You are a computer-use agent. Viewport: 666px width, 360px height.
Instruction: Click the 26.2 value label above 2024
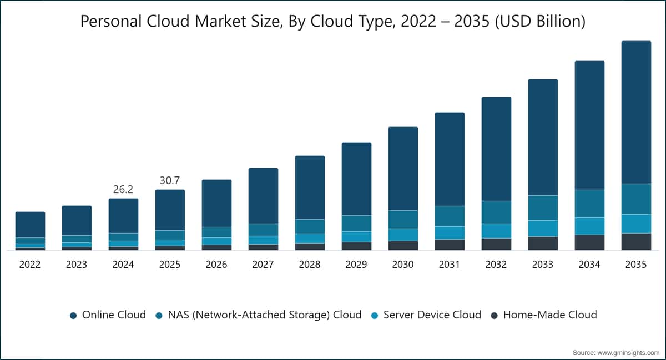point(123,189)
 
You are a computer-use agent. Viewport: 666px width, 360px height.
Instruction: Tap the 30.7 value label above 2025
point(170,180)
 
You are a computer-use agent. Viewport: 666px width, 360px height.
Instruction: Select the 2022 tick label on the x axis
point(30,265)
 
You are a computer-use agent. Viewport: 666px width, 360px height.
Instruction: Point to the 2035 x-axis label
point(636,265)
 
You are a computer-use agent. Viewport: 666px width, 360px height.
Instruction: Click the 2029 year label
point(356,265)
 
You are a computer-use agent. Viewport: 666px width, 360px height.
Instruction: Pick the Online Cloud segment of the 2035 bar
point(636,113)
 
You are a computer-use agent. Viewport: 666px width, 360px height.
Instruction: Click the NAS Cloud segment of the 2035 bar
point(636,199)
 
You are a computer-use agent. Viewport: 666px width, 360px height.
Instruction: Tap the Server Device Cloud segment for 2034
point(589,226)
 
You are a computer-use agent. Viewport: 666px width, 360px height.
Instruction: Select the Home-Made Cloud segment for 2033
point(543,244)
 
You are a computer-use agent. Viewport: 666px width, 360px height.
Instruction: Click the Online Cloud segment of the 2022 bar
point(31,225)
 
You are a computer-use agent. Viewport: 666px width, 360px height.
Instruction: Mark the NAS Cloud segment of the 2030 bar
point(403,220)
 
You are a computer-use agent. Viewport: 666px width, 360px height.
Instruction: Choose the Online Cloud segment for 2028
point(310,187)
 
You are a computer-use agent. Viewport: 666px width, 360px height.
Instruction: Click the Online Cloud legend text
point(114,315)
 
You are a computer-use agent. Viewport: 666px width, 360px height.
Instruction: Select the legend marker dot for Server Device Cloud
point(375,316)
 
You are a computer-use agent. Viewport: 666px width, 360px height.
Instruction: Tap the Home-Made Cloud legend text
point(550,315)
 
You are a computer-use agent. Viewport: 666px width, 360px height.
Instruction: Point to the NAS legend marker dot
point(159,316)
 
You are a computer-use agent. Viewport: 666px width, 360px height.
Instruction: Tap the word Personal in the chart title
point(111,22)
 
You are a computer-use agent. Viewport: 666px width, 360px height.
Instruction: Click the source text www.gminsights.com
point(628,353)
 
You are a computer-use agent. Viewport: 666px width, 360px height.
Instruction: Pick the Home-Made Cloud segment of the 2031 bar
point(450,245)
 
